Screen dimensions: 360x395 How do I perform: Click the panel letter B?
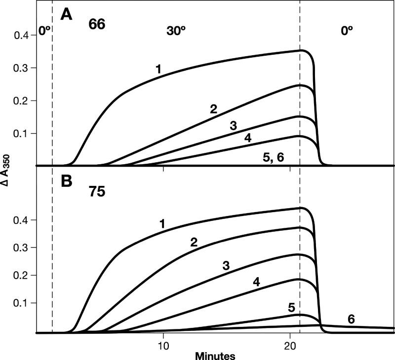67,181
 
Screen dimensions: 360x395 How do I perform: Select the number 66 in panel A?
97,25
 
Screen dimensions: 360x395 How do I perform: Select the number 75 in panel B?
97,192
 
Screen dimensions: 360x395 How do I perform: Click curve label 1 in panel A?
158,69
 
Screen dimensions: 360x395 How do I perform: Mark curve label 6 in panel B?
352,319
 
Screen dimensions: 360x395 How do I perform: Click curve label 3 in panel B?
227,266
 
